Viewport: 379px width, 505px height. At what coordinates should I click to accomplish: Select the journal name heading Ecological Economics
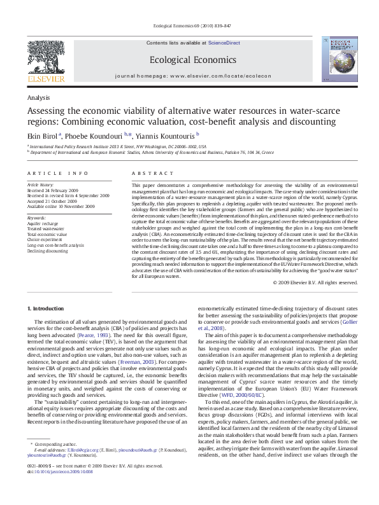(189, 59)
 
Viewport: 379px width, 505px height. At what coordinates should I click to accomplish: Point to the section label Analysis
(38, 97)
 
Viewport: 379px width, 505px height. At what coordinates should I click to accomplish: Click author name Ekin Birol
(42, 135)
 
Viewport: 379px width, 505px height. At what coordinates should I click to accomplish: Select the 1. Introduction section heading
(46, 308)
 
